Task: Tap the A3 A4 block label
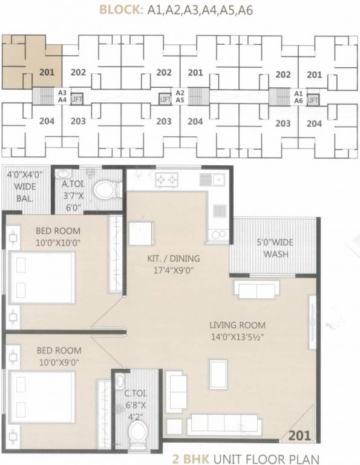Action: tap(62, 96)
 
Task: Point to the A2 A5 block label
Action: tap(180, 96)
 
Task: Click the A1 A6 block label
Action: tap(298, 97)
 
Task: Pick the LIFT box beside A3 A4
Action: tap(76, 99)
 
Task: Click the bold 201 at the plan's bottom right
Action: tap(300, 435)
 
